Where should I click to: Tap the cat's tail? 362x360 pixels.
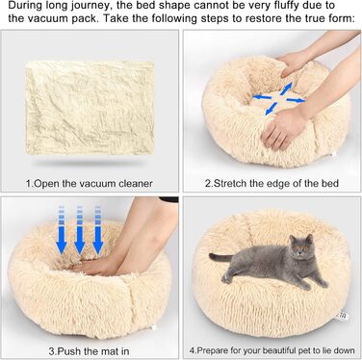[220, 257]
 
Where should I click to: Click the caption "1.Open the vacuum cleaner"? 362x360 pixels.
[90, 184]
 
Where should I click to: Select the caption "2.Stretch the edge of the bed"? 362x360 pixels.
[271, 183]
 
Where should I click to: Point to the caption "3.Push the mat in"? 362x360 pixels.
[89, 351]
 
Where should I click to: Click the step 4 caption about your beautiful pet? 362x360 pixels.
[271, 350]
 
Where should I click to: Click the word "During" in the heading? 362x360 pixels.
[23, 6]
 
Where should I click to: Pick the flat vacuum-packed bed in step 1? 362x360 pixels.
[90, 108]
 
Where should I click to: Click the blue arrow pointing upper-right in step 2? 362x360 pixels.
[286, 89]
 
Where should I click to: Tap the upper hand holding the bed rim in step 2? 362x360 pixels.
[294, 63]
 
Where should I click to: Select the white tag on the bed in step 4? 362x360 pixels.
[343, 316]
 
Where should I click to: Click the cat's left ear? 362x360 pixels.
[293, 239]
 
